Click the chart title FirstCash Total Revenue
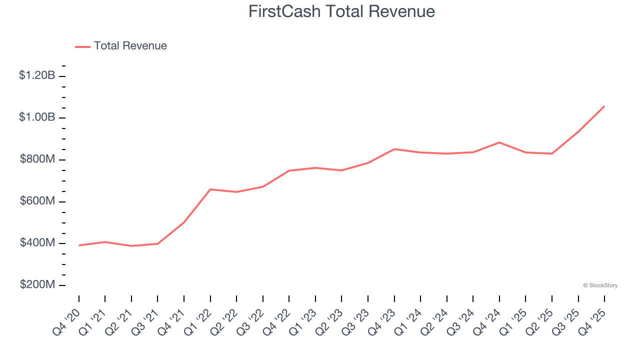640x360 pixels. click(x=341, y=11)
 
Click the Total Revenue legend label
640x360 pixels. click(x=130, y=46)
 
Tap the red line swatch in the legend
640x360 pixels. click(x=82, y=46)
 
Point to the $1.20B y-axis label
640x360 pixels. click(x=37, y=75)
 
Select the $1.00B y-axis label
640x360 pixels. click(x=37, y=117)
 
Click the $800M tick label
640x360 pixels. click(x=37, y=159)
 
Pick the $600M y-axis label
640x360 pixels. click(x=37, y=201)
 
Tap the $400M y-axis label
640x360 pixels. click(x=37, y=243)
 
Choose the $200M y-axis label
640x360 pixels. click(x=37, y=285)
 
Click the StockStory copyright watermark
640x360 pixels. click(x=600, y=285)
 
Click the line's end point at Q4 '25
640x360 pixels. click(x=604, y=106)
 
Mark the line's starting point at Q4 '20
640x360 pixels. click(x=79, y=245)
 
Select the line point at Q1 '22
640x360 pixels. click(x=210, y=189)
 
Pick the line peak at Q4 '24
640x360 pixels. click(x=499, y=142)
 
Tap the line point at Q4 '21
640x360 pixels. click(x=184, y=222)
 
